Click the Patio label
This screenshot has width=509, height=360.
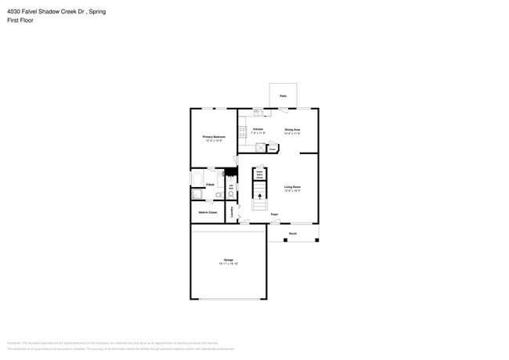click(x=283, y=96)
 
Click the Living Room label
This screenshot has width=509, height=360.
click(x=292, y=187)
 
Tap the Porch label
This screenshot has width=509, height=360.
click(x=293, y=233)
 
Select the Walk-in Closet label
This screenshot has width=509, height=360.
click(x=207, y=212)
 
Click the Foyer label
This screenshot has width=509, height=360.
click(x=274, y=214)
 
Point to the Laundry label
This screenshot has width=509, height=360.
click(x=233, y=211)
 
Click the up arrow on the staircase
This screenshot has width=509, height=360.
click(x=259, y=205)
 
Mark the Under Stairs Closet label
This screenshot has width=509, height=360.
click(x=259, y=175)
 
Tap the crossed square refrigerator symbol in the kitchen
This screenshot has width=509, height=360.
click(x=260, y=146)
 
